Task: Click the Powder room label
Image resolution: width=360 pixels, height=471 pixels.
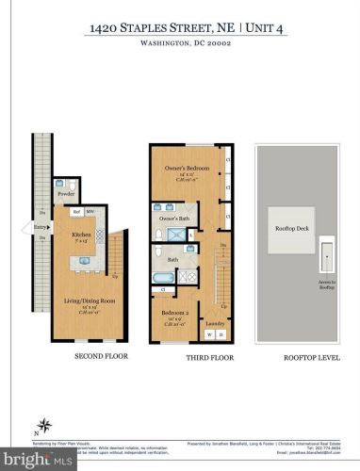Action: pos(66,195)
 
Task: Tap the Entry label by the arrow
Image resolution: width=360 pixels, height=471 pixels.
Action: pos(40,227)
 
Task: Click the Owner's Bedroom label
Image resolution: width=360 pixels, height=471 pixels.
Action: pos(186,169)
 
